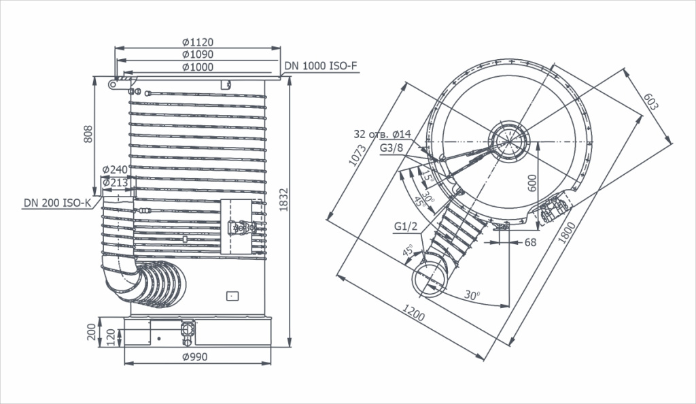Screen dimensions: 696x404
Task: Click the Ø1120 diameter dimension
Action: pos(198,42)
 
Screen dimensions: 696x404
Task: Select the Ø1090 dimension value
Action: pos(198,54)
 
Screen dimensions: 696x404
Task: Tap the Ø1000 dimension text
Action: pos(198,67)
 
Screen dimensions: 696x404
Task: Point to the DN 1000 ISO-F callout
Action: pos(321,66)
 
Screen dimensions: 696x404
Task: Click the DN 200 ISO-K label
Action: pos(57,203)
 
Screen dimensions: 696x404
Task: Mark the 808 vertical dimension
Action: pos(88,134)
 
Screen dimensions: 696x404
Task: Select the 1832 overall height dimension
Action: pos(283,200)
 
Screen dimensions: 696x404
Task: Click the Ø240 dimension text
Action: pos(115,169)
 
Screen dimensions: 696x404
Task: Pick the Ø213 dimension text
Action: pos(115,182)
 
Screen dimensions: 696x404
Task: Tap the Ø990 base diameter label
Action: pos(195,357)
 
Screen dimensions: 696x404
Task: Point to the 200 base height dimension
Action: pos(92,332)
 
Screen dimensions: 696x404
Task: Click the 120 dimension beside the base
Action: pos(111,337)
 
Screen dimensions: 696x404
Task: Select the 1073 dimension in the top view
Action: pos(358,155)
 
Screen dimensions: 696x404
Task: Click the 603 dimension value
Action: pos(651,101)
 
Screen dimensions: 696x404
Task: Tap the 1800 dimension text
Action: pos(567,233)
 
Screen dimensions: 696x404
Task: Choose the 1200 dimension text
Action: pos(414,313)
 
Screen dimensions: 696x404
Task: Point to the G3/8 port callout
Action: pos(391,148)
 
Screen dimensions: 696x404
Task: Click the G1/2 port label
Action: pos(406,226)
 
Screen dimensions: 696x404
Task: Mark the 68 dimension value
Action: pos(530,242)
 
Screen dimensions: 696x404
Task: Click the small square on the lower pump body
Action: pos(232,296)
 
